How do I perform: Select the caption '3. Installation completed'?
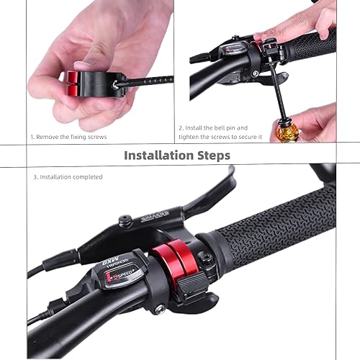coord(68,177)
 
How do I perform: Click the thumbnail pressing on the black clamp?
coord(84,66)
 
